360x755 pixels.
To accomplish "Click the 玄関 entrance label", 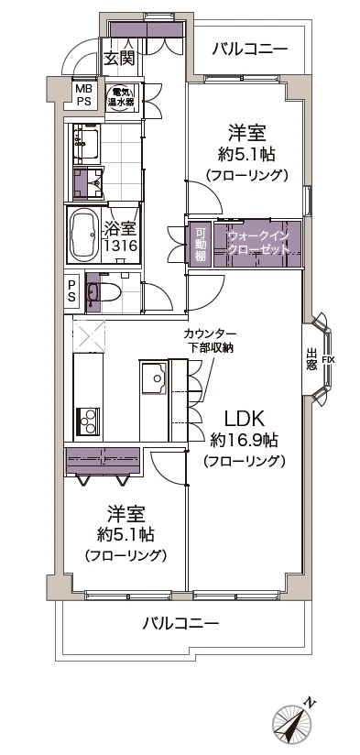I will coord(119,59).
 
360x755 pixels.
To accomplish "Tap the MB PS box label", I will coord(83,95).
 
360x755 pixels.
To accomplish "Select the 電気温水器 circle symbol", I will coord(121,96).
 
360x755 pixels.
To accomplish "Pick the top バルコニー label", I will coord(249,49).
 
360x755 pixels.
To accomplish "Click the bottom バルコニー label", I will coord(180,624).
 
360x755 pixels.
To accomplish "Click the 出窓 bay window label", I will coord(311,359).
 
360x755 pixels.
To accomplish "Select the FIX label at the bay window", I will coord(328,359).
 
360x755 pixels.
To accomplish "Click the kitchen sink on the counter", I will coord(151,375).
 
